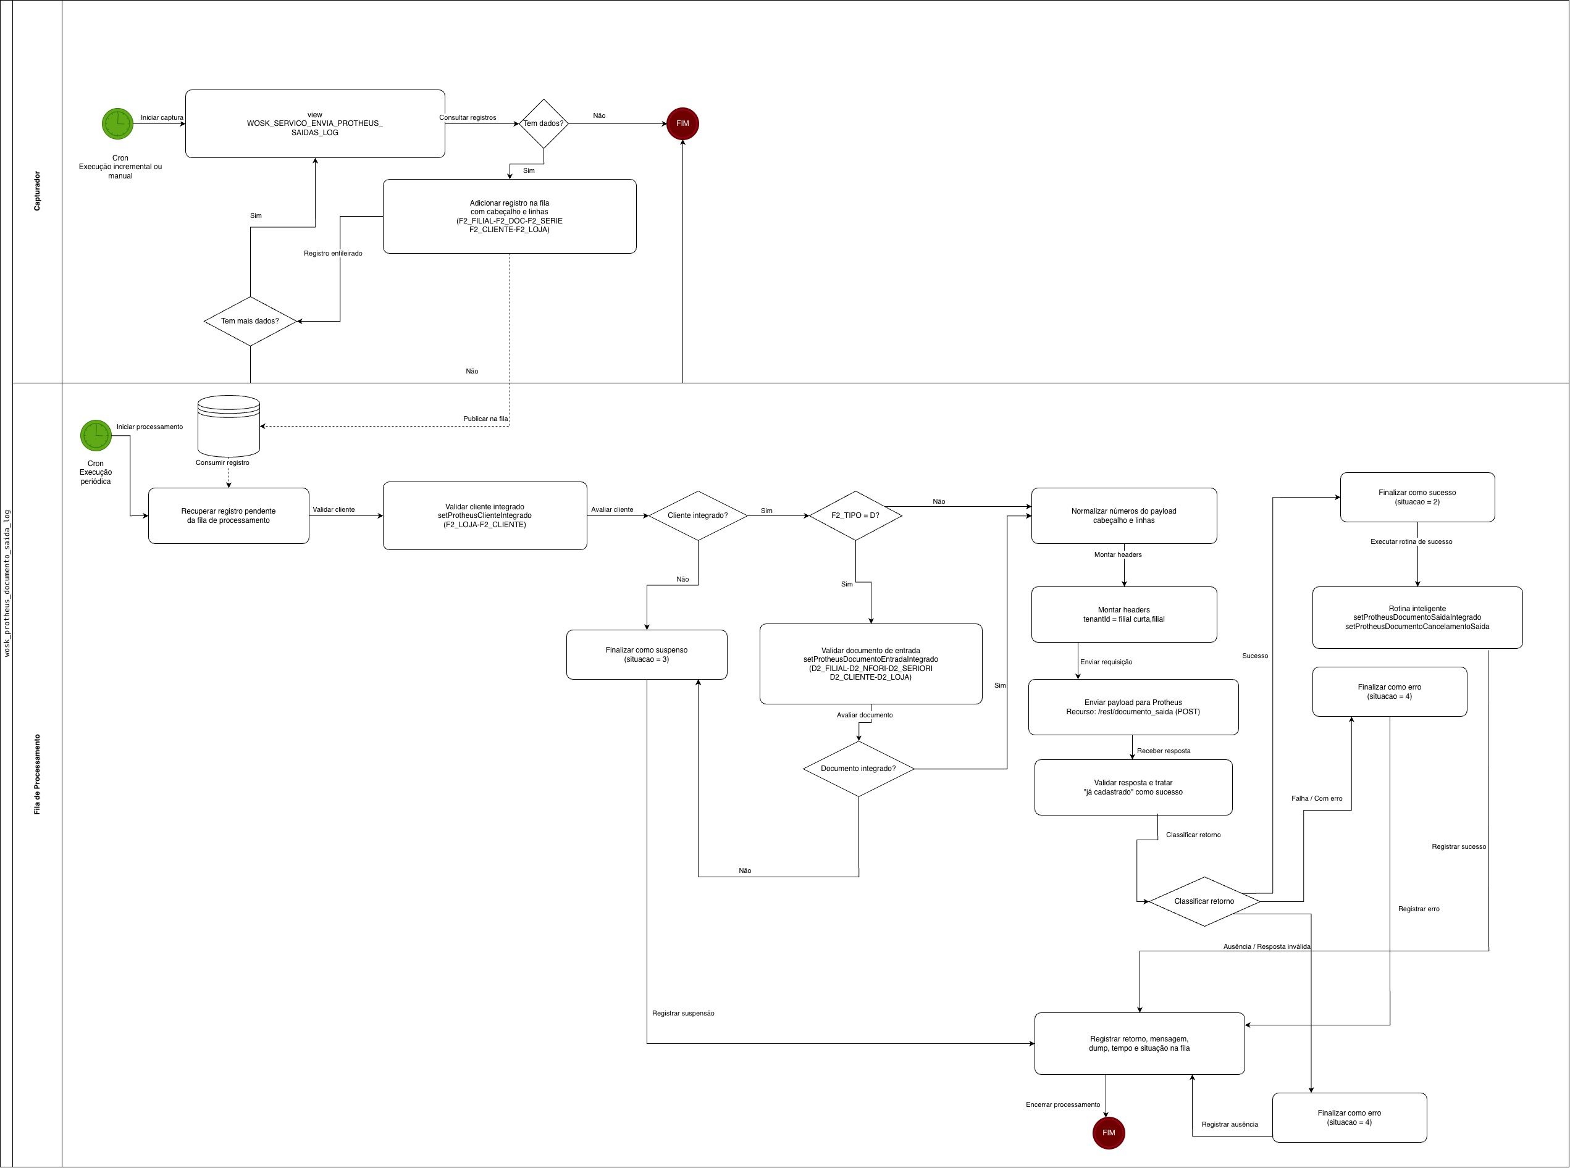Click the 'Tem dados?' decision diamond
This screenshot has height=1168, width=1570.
pyautogui.click(x=543, y=123)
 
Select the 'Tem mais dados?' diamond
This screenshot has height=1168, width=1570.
pyautogui.click(x=250, y=321)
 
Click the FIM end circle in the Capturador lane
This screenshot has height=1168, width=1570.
pyautogui.click(x=682, y=123)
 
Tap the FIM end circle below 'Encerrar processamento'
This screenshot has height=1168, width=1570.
pyautogui.click(x=1108, y=1133)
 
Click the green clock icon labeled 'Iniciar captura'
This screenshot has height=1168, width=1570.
pyautogui.click(x=117, y=123)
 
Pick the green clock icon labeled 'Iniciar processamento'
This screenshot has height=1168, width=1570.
pyautogui.click(x=96, y=435)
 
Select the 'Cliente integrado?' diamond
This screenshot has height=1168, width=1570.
pyautogui.click(x=697, y=515)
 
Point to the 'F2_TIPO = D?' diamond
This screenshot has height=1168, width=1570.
pyautogui.click(x=855, y=515)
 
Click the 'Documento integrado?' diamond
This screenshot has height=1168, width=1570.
pyautogui.click(x=858, y=769)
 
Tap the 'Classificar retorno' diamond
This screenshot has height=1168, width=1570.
pyautogui.click(x=1204, y=901)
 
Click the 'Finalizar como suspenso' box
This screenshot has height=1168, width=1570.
pyautogui.click(x=647, y=655)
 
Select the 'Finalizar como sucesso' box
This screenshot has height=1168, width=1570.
pyautogui.click(x=1417, y=497)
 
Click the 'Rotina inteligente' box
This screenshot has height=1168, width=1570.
pyautogui.click(x=1417, y=617)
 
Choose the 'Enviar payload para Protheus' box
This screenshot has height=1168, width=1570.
pyautogui.click(x=1133, y=707)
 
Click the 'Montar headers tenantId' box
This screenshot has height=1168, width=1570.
pyautogui.click(x=1123, y=614)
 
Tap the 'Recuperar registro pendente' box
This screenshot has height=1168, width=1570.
pyautogui.click(x=229, y=515)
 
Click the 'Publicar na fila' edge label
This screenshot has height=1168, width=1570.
pyautogui.click(x=485, y=419)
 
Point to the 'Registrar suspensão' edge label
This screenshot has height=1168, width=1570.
pyautogui.click(x=682, y=1013)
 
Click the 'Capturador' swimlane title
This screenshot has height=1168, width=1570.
pyautogui.click(x=37, y=191)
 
